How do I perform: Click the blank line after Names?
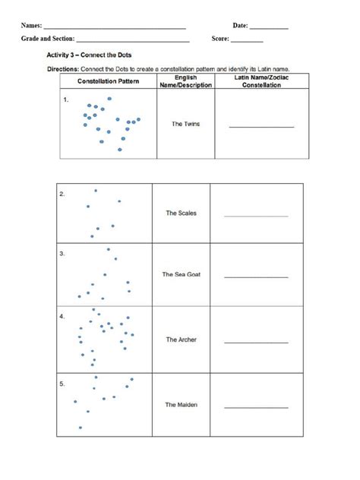point(115,29)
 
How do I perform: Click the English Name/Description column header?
point(185,81)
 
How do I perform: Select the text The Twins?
point(185,124)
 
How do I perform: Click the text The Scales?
point(181,213)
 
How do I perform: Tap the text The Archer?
point(181,339)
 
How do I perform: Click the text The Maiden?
point(181,405)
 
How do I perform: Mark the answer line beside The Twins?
point(261,126)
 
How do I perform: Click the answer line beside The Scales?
point(256,216)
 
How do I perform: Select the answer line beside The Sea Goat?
point(256,277)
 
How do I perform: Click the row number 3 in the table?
point(62,254)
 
